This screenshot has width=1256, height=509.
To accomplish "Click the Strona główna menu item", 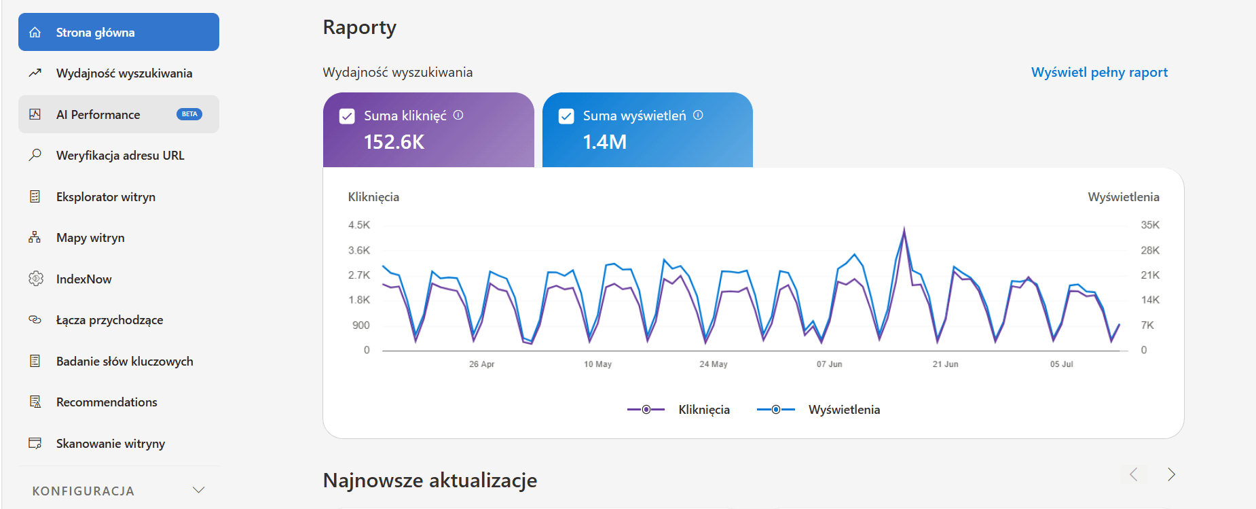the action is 119,32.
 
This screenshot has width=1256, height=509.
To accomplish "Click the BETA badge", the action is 189,114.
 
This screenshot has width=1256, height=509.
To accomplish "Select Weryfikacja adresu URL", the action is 120,156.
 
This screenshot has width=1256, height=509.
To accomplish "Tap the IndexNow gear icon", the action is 35,279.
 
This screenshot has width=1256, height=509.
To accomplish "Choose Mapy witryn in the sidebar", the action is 90,238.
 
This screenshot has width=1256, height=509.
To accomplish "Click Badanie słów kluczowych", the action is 124,362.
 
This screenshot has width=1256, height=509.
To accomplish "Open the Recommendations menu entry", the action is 107,402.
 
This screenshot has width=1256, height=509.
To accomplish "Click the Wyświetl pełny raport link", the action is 1099,73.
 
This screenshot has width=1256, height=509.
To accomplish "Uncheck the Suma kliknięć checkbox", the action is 347,116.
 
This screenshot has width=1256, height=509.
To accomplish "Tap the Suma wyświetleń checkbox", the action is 566,116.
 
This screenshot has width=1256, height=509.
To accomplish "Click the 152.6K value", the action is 394,142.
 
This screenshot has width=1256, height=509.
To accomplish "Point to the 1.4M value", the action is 604,142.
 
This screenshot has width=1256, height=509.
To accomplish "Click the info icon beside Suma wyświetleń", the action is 698,116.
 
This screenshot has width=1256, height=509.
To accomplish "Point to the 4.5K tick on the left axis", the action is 359,225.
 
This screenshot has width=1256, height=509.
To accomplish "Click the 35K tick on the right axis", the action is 1150,225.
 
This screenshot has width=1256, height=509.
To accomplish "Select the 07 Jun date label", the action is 829,364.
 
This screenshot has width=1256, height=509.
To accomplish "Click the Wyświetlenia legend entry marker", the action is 775,410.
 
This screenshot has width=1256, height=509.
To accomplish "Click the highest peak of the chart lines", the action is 904,228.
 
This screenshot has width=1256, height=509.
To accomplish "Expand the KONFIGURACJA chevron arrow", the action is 198,490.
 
